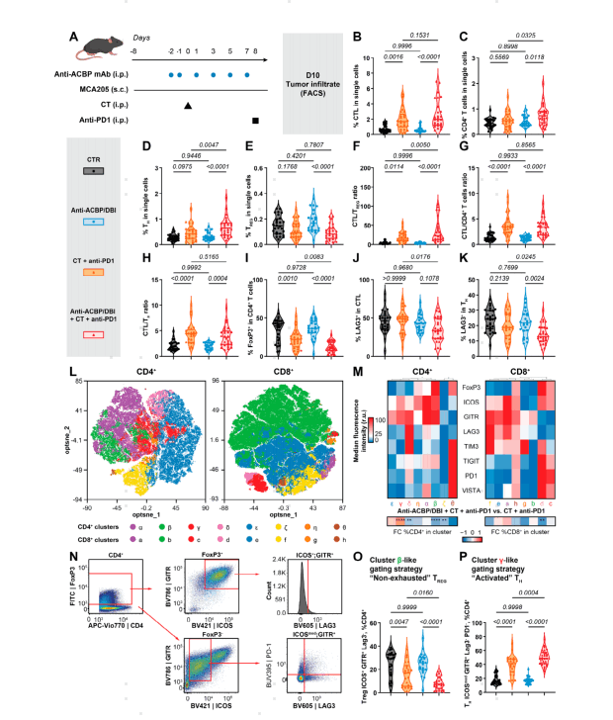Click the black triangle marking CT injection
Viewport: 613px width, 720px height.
[x=187, y=104]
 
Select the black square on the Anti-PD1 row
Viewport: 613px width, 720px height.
[x=256, y=121]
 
